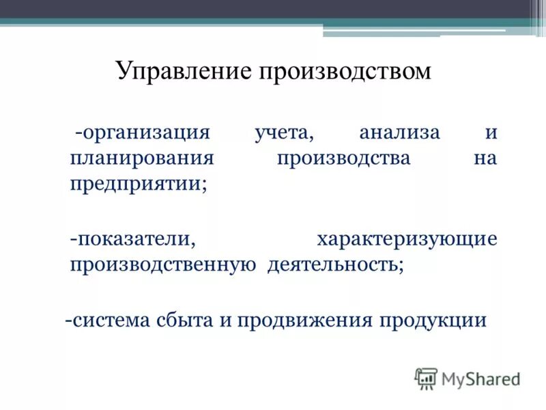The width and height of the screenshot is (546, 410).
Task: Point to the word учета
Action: click(x=283, y=133)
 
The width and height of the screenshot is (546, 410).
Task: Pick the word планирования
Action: click(x=142, y=158)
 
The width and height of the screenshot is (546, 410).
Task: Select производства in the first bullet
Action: click(x=344, y=158)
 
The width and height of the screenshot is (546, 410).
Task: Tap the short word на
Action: click(x=485, y=158)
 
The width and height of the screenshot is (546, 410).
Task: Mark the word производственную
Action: click(x=163, y=264)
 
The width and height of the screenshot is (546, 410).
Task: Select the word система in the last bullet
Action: click(x=109, y=320)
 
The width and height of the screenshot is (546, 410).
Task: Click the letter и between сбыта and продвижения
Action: click(x=225, y=320)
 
